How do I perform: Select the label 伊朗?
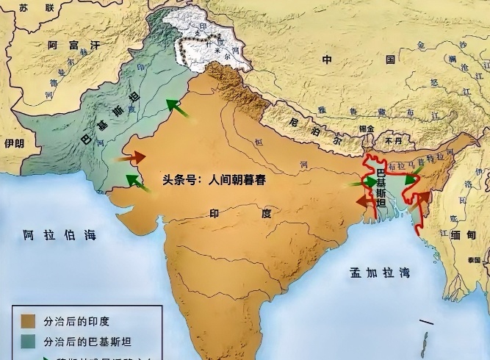coord(14,143)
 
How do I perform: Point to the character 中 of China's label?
coord(327,59)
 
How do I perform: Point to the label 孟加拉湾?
coord(380,272)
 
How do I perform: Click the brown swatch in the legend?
coord(29,321)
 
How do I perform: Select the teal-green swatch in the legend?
coord(29,342)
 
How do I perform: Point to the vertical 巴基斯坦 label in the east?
coord(380,188)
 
